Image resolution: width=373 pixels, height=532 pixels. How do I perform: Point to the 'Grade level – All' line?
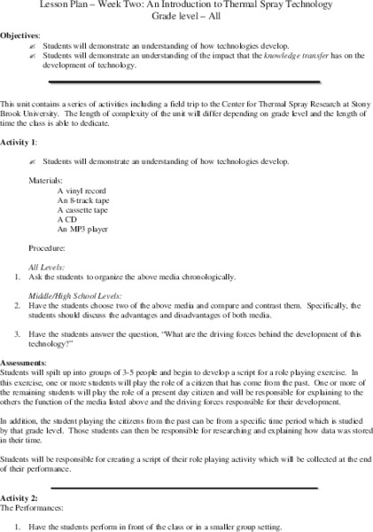pos(186,16)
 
